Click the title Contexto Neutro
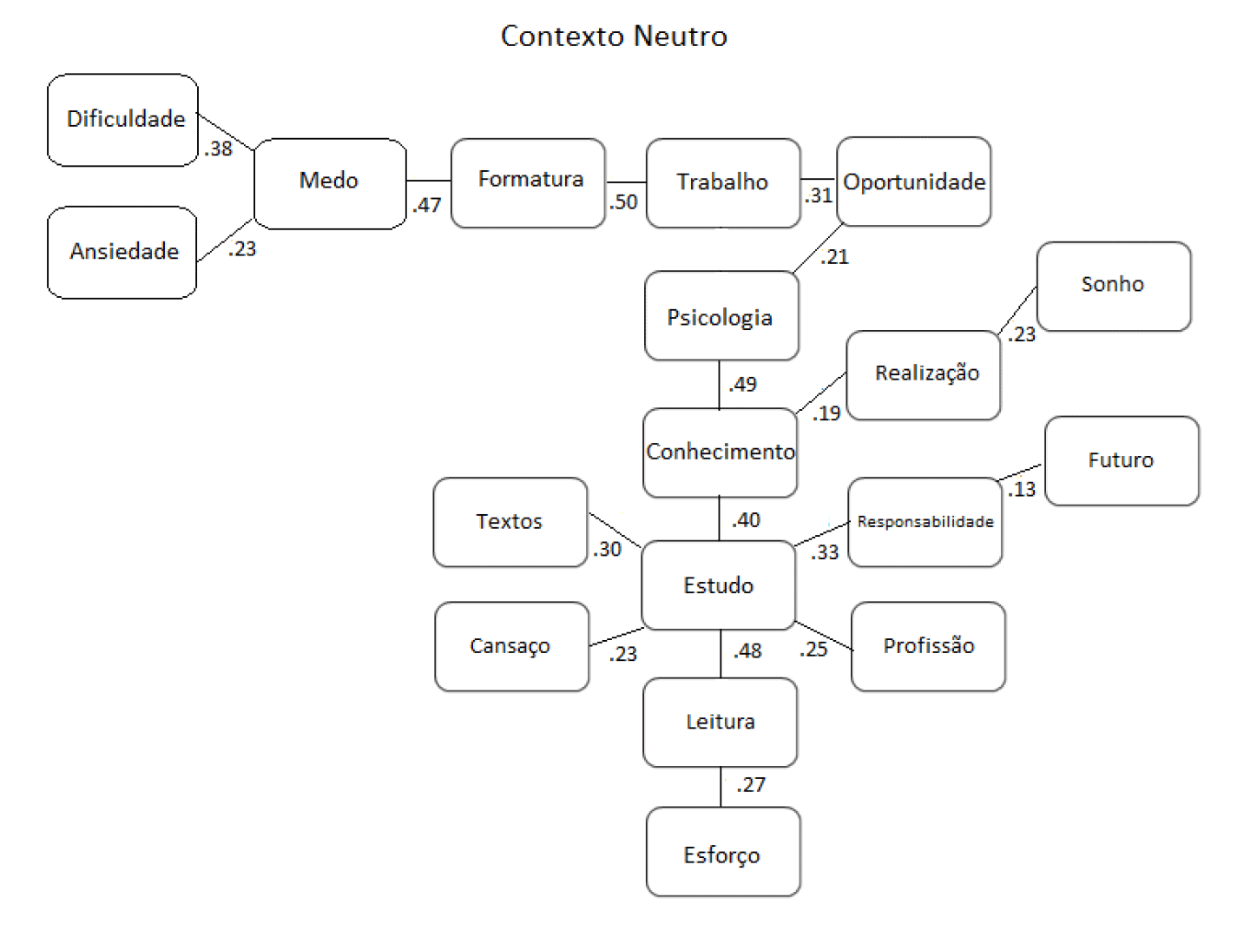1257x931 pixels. tap(614, 36)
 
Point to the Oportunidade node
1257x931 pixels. tap(913, 182)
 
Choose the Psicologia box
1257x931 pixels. tap(721, 316)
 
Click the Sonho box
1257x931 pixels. tap(1113, 286)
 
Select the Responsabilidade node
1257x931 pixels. tap(925, 522)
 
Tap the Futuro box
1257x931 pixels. tap(1121, 460)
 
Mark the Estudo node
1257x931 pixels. tap(718, 585)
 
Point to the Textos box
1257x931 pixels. tap(510, 522)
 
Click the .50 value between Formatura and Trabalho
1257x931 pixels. tap(623, 202)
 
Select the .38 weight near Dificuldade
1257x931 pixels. tap(219, 149)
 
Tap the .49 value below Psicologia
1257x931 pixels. tap(742, 384)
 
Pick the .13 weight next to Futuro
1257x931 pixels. tap(1022, 490)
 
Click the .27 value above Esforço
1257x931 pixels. tap(751, 785)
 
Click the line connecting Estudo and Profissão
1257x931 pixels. tap(824, 636)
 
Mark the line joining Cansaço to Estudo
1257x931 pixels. tap(616, 637)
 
